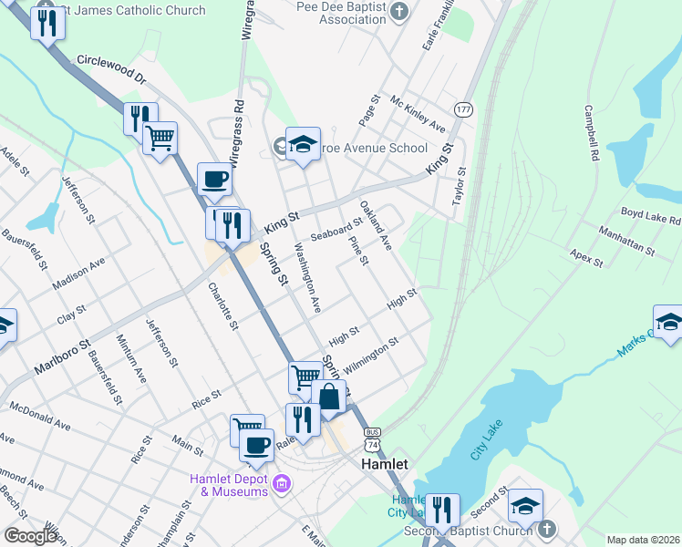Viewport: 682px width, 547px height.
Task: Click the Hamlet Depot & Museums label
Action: coord(229,486)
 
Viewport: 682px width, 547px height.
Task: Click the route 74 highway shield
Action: coord(371,444)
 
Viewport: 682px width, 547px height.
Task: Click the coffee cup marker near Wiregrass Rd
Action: coord(215,180)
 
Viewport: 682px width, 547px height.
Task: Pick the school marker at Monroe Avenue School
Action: coord(304,144)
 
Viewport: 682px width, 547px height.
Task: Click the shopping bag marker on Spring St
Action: coord(329,397)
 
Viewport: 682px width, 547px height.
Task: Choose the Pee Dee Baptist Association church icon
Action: coord(398,11)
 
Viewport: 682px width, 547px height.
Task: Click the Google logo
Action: coord(31,536)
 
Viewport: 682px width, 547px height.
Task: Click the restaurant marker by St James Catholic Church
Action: coord(47,23)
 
